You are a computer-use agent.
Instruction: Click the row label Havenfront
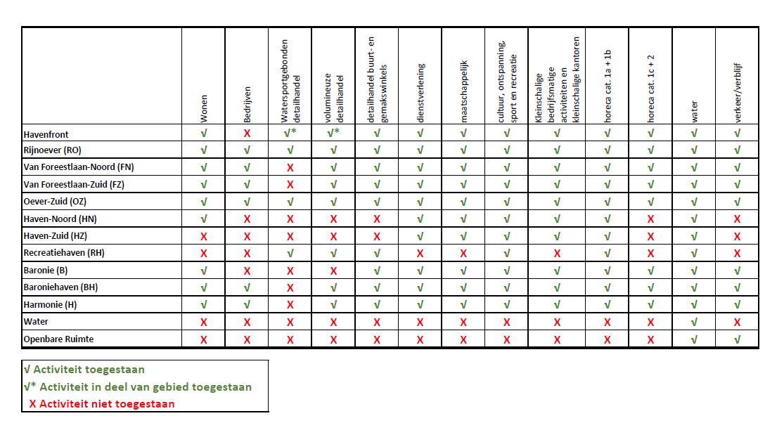(x=46, y=134)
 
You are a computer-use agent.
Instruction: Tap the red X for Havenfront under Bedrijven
(x=247, y=134)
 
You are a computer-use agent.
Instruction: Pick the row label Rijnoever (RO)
(x=53, y=150)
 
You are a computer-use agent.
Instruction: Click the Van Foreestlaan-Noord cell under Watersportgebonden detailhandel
(x=290, y=167)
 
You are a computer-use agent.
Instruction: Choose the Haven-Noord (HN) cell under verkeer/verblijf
(x=737, y=219)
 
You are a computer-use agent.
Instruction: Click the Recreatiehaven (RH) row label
(x=64, y=253)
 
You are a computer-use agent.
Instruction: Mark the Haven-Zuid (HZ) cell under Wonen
(x=204, y=236)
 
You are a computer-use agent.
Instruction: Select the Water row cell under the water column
(x=694, y=323)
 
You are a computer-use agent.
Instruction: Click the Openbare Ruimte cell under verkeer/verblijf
(x=737, y=339)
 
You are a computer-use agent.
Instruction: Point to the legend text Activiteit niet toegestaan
(x=107, y=404)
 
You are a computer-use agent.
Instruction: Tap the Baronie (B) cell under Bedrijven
(x=247, y=271)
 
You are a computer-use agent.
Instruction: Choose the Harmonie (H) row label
(x=50, y=305)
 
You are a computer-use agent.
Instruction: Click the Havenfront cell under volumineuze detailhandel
(x=333, y=134)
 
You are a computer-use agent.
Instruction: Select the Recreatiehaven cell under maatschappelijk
(x=463, y=253)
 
